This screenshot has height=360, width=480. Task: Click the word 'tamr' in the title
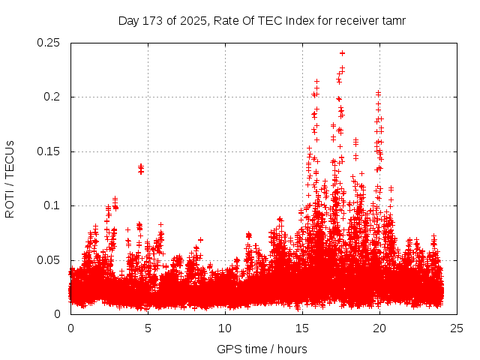(393, 20)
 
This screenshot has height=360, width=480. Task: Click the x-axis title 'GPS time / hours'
(262, 349)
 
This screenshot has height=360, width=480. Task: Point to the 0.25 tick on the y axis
(49, 43)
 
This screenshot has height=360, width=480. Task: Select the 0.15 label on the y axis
(49, 151)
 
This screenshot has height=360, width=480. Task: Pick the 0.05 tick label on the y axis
(49, 260)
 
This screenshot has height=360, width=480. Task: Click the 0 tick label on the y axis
(58, 314)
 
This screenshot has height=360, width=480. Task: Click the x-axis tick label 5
(148, 328)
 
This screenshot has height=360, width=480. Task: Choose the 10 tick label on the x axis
(225, 328)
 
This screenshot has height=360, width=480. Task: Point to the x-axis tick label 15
(302, 328)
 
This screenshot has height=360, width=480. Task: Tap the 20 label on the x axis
(379, 328)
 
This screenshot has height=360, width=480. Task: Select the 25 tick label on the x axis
(457, 328)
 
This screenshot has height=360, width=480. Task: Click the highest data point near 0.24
(342, 53)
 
